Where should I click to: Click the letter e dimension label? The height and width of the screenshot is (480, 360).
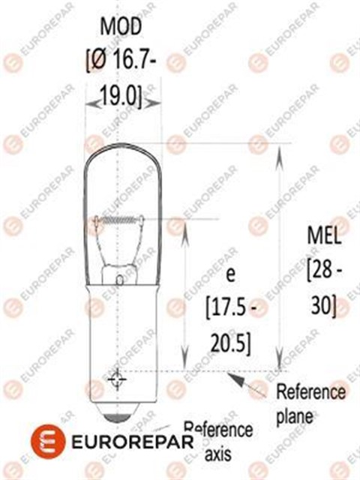229,275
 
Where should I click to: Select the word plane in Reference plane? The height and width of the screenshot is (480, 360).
294,415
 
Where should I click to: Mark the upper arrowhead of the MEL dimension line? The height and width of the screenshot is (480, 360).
278,150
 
